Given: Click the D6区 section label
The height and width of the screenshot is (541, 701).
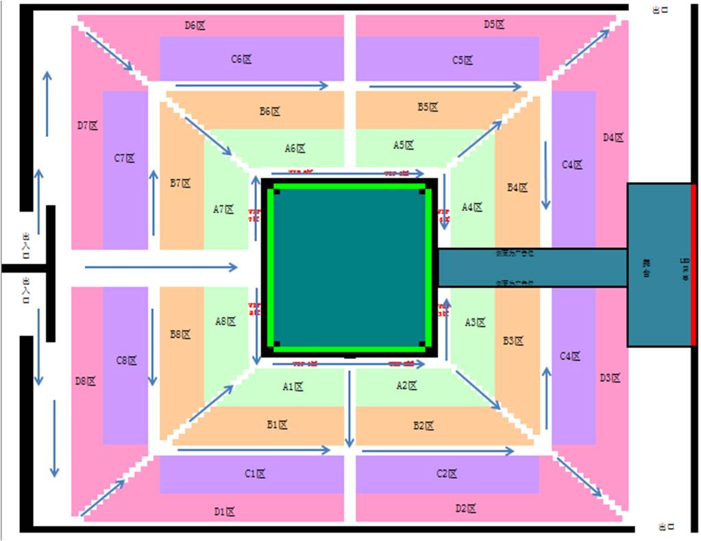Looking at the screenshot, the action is (195, 25).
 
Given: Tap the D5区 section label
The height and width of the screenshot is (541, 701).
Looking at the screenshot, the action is (494, 25).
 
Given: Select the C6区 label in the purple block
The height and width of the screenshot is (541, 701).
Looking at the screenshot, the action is (241, 59).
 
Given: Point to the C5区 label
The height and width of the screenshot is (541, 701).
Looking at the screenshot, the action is (463, 60).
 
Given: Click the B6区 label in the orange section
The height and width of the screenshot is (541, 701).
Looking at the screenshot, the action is (270, 111).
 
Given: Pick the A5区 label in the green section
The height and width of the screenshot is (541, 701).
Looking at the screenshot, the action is (404, 145).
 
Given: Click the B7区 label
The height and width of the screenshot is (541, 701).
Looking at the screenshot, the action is (180, 184).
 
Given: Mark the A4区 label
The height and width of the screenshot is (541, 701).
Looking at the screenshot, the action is (472, 207).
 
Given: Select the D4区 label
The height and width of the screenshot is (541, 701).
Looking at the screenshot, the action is (613, 138).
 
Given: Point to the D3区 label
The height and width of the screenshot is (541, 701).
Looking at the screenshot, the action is (610, 377).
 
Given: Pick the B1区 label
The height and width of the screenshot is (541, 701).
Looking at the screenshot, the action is (277, 425).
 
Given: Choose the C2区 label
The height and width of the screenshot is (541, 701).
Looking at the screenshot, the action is (447, 474).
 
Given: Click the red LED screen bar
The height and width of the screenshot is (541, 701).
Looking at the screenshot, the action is (693, 264).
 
